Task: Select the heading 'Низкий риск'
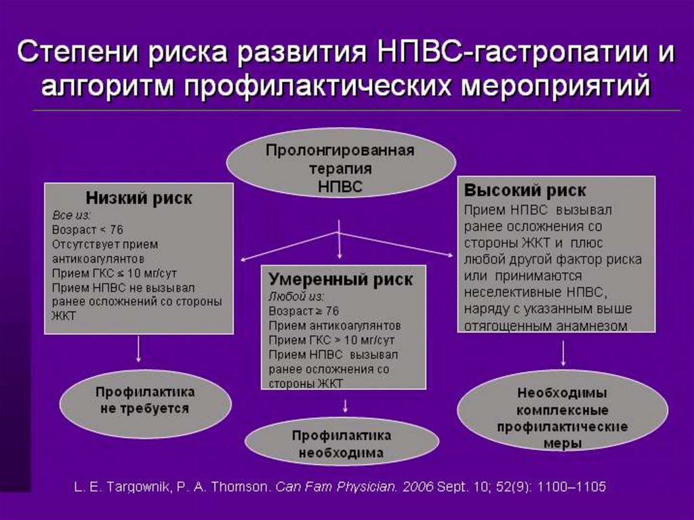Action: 139,199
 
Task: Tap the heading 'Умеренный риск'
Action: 340,279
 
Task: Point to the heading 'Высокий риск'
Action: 525,191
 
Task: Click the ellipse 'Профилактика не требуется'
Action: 145,401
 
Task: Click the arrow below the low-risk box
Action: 139,350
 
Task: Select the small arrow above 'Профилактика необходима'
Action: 346,405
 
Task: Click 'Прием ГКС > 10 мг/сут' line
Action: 331,340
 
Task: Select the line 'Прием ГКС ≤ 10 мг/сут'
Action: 115,273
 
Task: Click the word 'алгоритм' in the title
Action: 109,87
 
